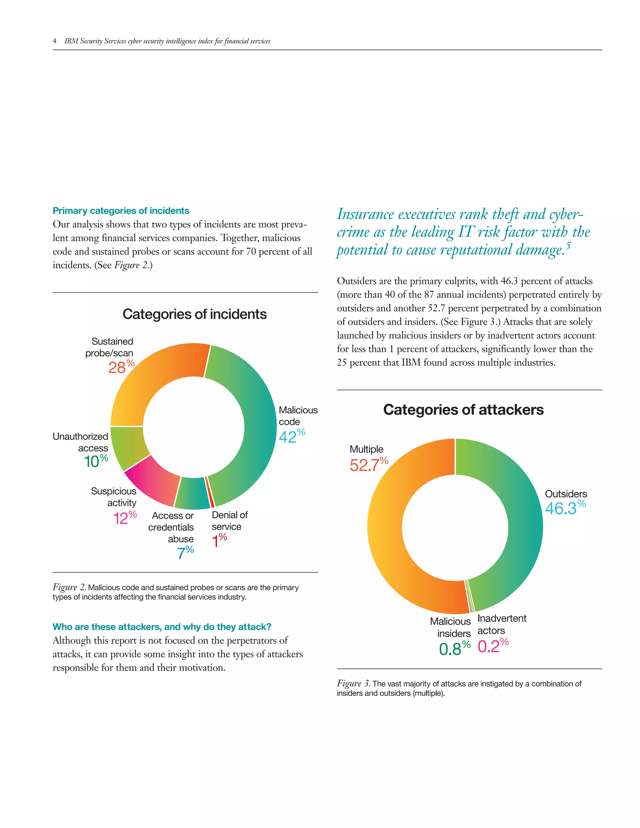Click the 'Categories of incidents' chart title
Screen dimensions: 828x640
194,314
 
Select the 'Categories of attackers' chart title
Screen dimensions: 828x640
463,410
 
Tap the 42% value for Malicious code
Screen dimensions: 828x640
291,436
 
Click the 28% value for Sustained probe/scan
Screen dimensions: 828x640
121,367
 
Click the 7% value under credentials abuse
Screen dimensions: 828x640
185,553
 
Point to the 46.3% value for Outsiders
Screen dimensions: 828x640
565,508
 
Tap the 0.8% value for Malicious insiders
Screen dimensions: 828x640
454,649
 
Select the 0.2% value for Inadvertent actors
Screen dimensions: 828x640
492,646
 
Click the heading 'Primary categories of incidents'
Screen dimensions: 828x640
121,211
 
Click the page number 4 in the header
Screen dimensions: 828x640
55,41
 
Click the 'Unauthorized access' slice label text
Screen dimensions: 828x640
80,442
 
